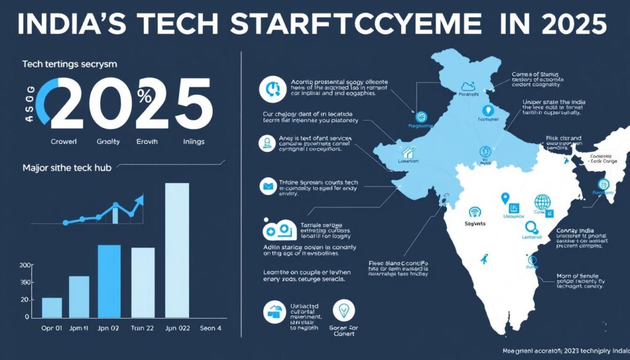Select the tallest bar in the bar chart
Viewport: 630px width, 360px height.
point(177,249)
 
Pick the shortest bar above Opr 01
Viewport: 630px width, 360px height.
point(52,306)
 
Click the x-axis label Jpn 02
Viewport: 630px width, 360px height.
point(109,328)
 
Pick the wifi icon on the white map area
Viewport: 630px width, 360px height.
point(474,212)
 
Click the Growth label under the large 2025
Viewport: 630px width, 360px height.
point(146,141)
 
